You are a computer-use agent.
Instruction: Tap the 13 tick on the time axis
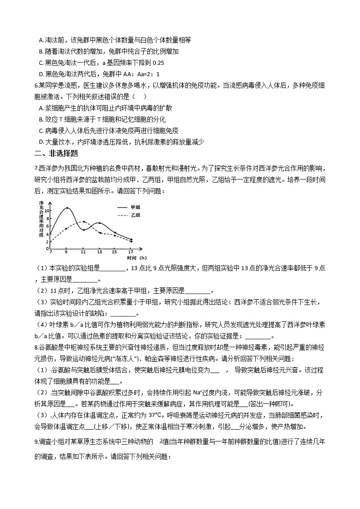click(x=99, y=252)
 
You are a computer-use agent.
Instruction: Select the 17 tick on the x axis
click(x=131, y=252)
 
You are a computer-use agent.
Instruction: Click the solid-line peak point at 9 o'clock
click(x=67, y=208)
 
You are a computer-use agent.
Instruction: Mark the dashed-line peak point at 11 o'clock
click(x=84, y=222)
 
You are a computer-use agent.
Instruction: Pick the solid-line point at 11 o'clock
click(x=84, y=230)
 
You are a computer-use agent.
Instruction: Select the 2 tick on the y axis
click(x=47, y=242)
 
